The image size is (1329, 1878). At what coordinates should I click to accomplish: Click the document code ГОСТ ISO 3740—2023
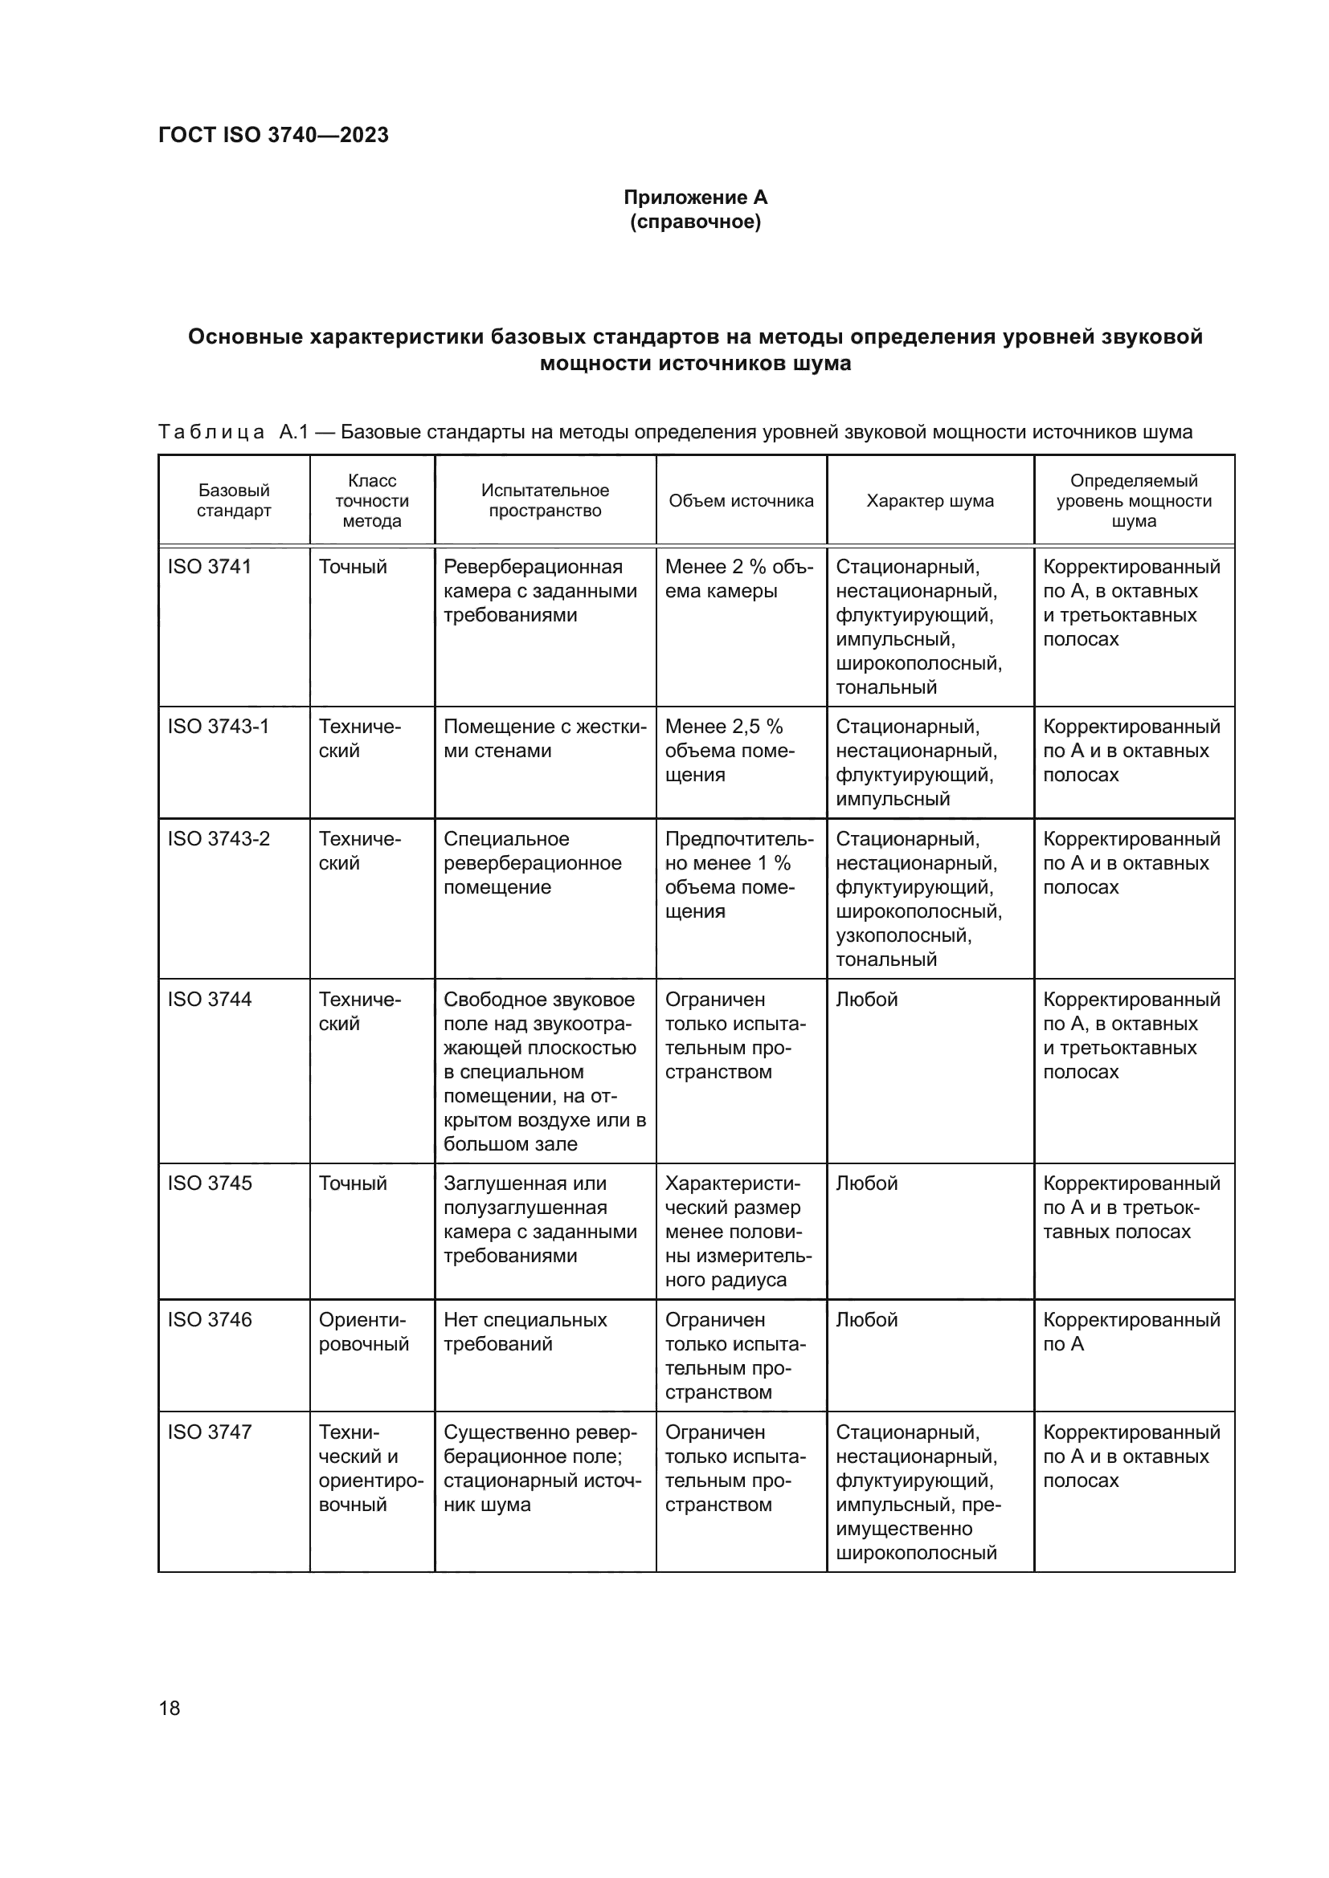pos(273,135)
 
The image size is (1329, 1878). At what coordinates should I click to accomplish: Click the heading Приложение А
pos(695,198)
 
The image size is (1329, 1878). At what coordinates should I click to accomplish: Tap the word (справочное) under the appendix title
pos(695,222)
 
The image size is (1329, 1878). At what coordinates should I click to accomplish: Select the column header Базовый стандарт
pos(233,500)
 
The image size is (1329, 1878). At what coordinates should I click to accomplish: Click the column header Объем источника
pos(741,500)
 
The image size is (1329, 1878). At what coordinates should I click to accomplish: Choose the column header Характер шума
pos(930,500)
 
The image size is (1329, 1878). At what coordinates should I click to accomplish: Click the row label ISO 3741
pos(210,567)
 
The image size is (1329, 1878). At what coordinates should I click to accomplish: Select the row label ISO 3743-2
pos(219,839)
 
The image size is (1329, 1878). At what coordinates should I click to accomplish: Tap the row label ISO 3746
pos(210,1319)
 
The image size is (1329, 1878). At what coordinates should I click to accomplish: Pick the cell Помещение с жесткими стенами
pos(544,739)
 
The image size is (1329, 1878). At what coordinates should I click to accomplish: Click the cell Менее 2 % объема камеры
pos(739,579)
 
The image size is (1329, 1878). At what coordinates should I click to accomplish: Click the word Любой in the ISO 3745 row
pos(867,1183)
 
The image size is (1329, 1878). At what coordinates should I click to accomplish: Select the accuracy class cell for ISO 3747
pos(370,1469)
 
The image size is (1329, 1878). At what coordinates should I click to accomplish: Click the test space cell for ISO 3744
pos(544,1072)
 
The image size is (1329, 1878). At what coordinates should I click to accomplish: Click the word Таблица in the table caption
pos(211,432)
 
